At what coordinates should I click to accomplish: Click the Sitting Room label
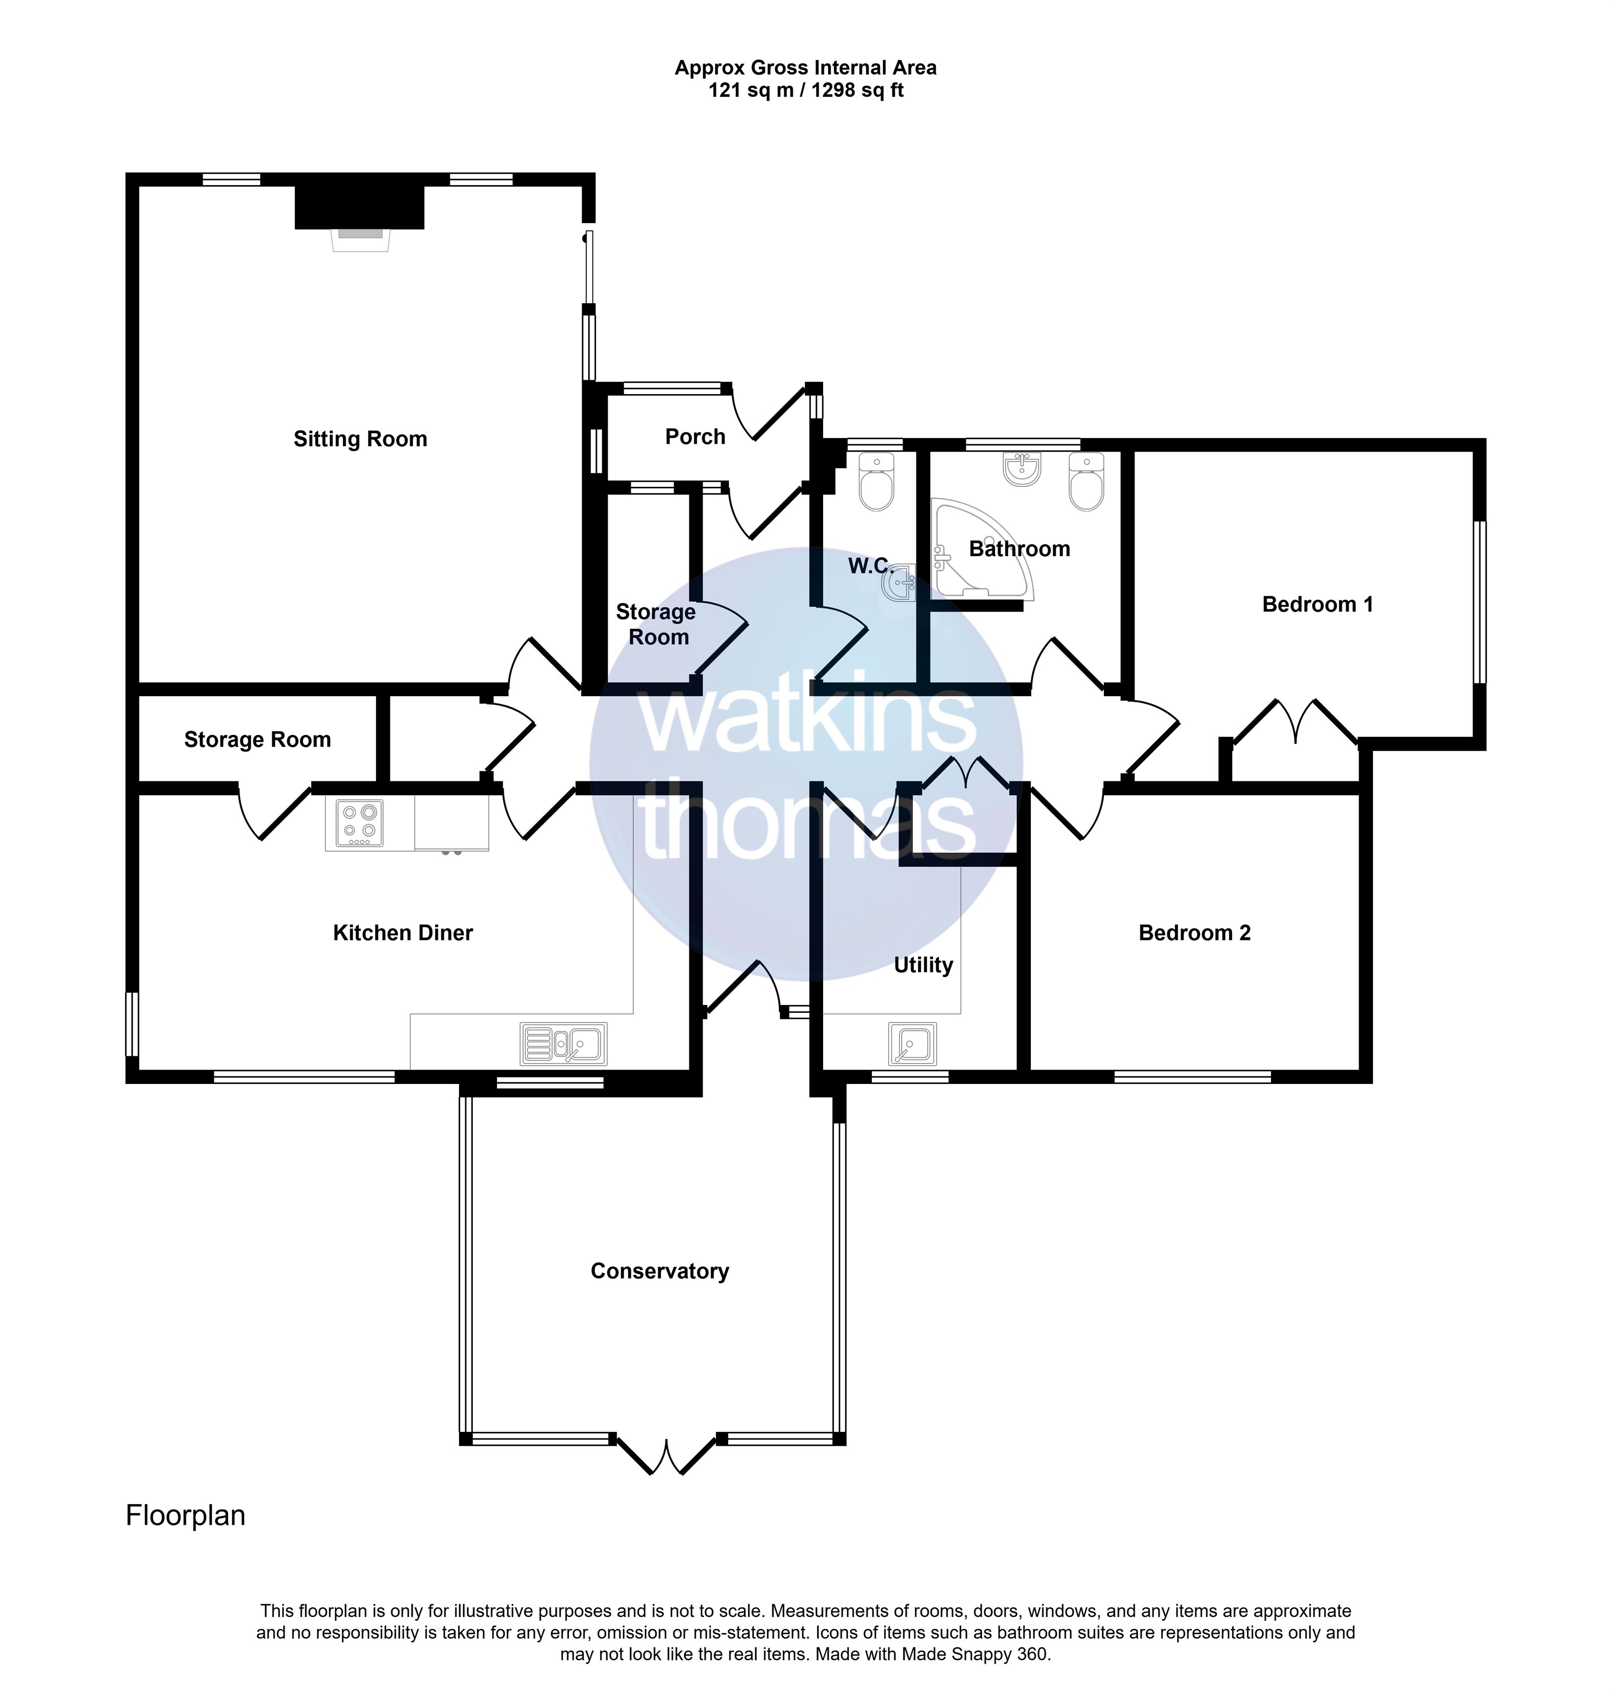tap(360, 439)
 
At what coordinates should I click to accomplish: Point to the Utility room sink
tap(912, 1044)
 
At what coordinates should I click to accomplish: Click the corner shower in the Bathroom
tap(982, 548)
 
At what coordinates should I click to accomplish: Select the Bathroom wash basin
tap(1022, 469)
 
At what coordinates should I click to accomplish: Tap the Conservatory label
tap(659, 1271)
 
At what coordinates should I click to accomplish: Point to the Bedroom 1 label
tap(1317, 604)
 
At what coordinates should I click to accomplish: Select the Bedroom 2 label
tap(1195, 933)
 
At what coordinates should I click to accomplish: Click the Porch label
tap(695, 437)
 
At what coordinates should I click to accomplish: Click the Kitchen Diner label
tap(403, 933)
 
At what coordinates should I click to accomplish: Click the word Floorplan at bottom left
tap(186, 1515)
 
